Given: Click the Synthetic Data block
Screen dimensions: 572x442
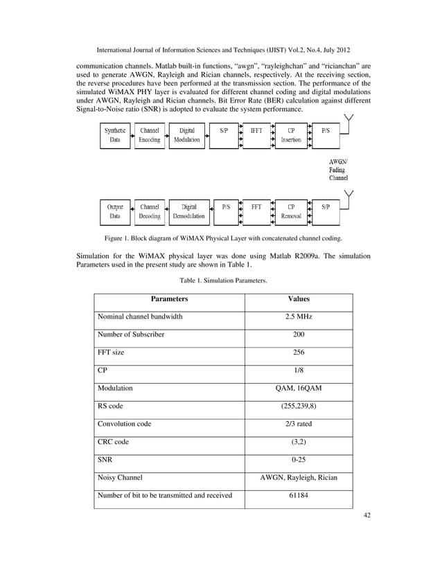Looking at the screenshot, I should click(x=115, y=135).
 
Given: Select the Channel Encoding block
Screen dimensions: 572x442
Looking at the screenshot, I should click(x=150, y=135).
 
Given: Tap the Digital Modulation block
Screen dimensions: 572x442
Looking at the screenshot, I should click(x=187, y=135).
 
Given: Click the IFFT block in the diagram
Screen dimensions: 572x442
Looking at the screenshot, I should click(x=256, y=135).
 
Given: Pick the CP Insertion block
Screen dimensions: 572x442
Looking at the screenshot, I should click(x=291, y=135).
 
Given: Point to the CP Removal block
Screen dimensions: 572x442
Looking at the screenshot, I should click(x=291, y=211).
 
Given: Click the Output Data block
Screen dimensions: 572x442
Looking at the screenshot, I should click(x=115, y=211).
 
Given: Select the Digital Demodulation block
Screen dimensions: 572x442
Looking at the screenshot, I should click(x=188, y=211).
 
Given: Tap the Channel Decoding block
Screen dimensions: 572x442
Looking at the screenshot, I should click(x=150, y=211).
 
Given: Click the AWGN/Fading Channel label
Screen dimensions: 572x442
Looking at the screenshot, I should click(x=339, y=168).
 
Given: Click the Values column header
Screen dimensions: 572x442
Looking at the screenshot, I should click(x=299, y=299).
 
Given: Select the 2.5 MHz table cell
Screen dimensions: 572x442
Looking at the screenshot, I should click(x=299, y=316).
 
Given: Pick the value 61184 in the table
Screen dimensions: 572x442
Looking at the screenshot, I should click(x=299, y=495).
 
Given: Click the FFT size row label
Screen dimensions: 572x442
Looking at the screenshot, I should click(x=112, y=352).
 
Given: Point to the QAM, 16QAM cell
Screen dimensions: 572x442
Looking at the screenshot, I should click(x=299, y=388).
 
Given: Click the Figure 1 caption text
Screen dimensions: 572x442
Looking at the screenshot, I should click(x=224, y=238).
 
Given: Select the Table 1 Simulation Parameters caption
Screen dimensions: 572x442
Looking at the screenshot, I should click(x=223, y=280).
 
